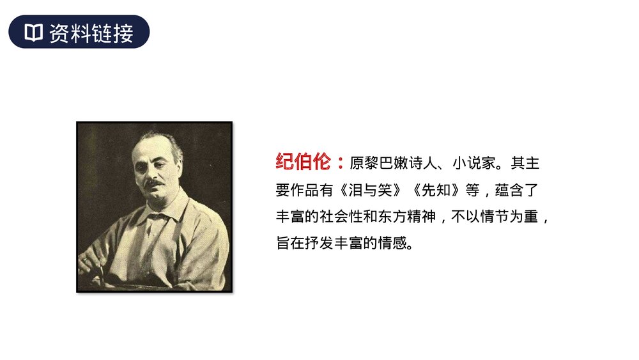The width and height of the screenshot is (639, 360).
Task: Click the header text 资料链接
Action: (x=91, y=33)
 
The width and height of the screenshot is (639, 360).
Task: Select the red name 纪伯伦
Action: (x=303, y=162)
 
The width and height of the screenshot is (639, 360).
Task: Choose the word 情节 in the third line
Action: (x=493, y=217)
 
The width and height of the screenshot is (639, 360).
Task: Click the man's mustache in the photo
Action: (x=154, y=183)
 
